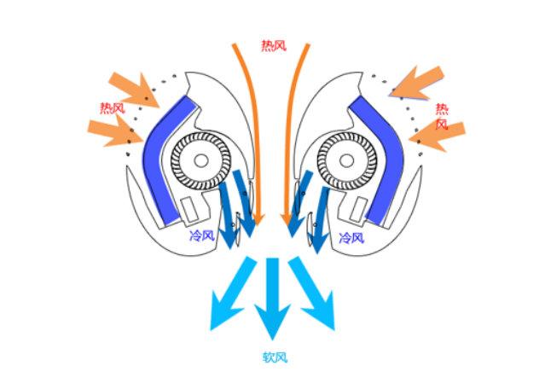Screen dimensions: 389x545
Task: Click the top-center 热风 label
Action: point(275,46)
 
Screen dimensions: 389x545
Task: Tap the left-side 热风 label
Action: point(112,108)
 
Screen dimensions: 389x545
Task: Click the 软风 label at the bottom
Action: point(275,357)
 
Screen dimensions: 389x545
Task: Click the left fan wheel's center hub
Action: point(201,160)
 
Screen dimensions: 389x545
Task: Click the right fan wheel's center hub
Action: point(347,160)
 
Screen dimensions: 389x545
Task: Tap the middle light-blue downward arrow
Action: point(273,299)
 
